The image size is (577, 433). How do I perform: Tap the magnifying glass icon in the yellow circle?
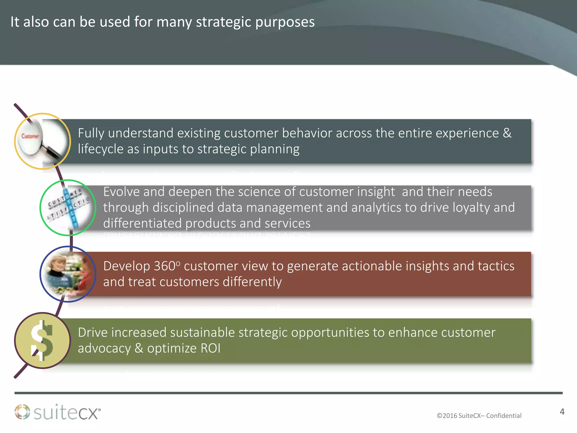(x=42, y=141)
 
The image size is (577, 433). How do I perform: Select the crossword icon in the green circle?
(x=68, y=208)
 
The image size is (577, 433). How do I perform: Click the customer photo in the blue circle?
(x=68, y=274)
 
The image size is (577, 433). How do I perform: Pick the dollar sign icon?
(x=42, y=341)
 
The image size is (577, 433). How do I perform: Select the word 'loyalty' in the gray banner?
(x=472, y=208)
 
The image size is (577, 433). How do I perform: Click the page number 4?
(x=562, y=412)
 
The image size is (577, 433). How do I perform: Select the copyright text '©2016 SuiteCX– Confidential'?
(x=479, y=416)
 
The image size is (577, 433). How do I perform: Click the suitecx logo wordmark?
(x=67, y=413)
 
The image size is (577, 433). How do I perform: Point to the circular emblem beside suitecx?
(x=22, y=412)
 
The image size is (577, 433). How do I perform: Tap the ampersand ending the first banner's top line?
(x=507, y=133)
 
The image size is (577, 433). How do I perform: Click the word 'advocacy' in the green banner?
(x=104, y=348)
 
